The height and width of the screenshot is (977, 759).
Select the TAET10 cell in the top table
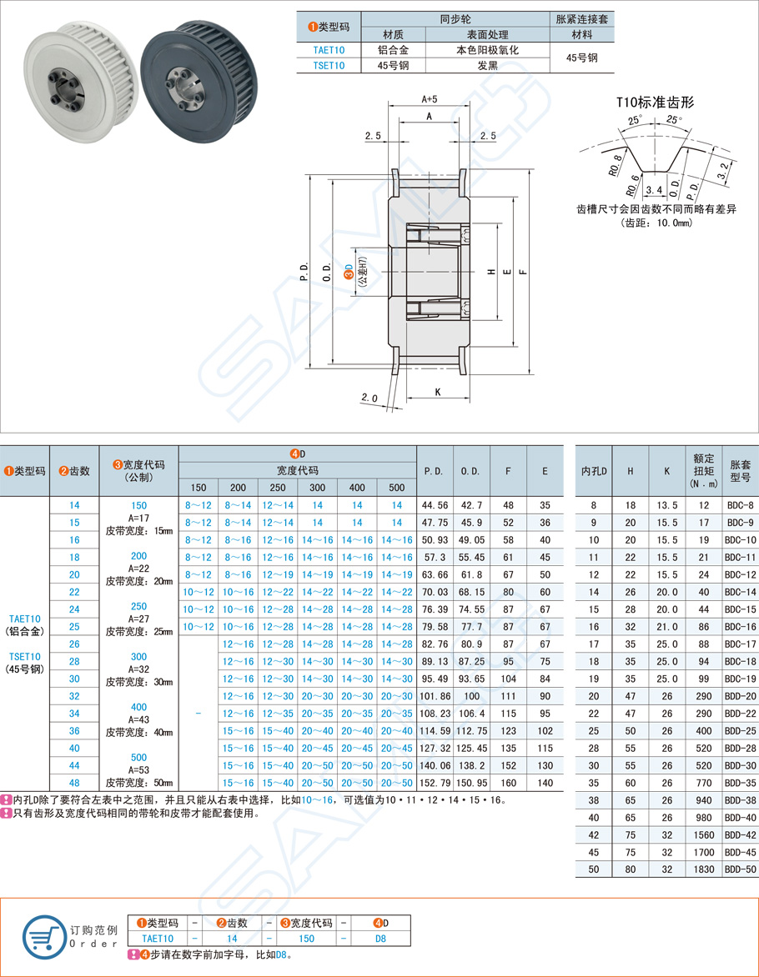329,50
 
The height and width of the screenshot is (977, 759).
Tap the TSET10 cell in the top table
329,65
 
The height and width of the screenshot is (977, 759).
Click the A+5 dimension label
429,99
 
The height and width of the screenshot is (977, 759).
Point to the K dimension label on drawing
437,391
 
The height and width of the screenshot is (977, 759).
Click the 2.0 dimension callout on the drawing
370,398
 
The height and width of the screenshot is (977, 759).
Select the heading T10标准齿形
655,103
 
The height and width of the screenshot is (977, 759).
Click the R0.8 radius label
615,163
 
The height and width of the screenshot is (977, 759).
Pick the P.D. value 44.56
435,505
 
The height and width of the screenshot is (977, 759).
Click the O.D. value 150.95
471,783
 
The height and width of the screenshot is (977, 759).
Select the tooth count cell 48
75,783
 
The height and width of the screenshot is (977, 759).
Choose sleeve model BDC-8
739,505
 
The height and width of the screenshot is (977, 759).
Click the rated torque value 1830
702,869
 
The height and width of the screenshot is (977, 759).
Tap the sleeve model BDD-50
739,869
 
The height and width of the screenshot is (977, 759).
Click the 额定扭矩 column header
702,470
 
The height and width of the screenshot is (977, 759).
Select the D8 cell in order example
379,938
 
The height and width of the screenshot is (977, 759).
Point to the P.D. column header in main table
435,470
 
